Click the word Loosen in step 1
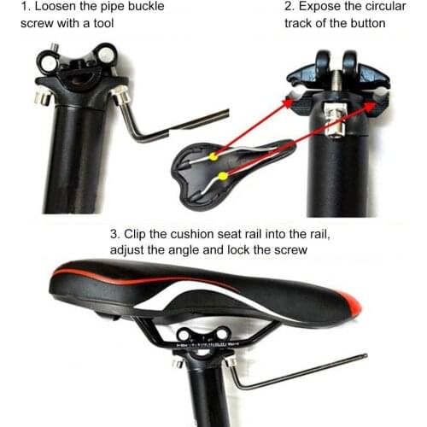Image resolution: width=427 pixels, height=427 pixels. pos(56,6)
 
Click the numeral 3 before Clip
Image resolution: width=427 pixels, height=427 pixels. pos(114,233)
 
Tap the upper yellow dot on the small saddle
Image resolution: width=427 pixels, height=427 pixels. pos(213,157)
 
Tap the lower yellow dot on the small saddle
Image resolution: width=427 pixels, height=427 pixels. pos(223,176)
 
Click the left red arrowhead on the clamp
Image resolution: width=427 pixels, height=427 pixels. pos(288,101)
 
